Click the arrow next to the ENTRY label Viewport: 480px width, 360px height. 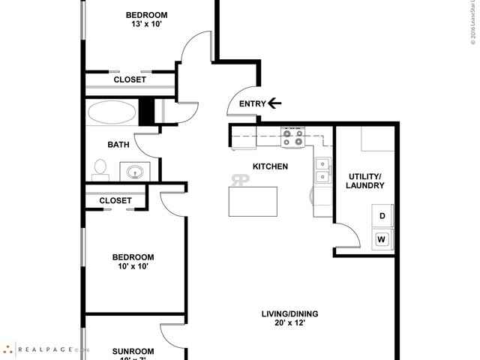tap(274, 103)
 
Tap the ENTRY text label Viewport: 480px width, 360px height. tap(252, 104)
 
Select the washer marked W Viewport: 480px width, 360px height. tap(382, 240)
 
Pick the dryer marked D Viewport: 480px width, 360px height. tap(382, 216)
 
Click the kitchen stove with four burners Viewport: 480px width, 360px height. tap(292, 137)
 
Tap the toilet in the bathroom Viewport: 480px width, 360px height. tap(100, 169)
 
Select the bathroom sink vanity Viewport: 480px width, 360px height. tap(134, 172)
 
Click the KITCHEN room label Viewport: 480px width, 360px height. tap(270, 166)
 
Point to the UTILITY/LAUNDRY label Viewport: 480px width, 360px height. tap(366, 181)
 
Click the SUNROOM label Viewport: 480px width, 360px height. tap(133, 351)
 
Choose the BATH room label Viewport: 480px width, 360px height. tap(118, 145)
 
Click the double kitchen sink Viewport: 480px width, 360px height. tap(323, 170)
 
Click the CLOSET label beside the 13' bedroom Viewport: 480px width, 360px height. tap(129, 79)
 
